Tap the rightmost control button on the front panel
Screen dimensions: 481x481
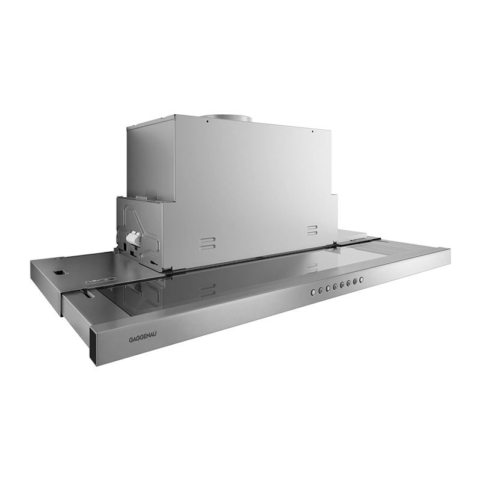pos(362,280)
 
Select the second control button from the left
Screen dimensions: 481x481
pos(321,290)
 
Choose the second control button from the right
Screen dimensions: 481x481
pos(355,281)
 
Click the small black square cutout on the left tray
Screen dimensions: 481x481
pos(59,272)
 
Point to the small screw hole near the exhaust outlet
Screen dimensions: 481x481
pos(206,121)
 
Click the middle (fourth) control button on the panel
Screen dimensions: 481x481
pos(335,286)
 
